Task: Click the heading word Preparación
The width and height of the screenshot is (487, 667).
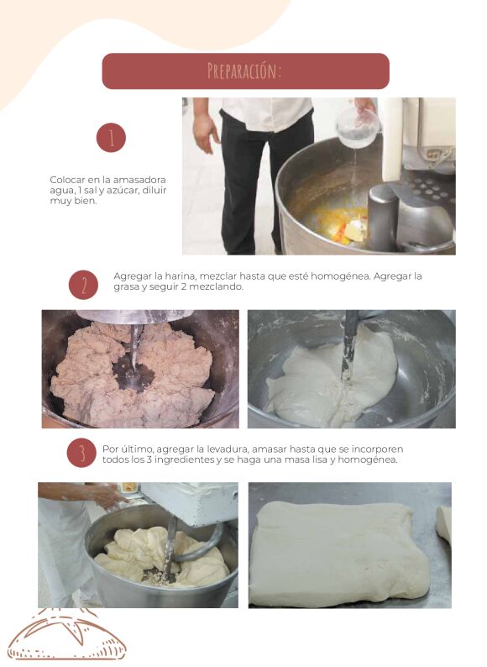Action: point(244,71)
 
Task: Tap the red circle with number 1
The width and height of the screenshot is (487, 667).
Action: point(111,138)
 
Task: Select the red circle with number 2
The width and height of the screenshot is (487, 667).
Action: point(83,285)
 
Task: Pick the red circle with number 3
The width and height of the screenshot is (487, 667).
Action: point(81,453)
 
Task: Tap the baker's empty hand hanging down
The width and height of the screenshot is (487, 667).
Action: point(205,133)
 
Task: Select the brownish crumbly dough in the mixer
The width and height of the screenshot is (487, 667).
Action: point(133,375)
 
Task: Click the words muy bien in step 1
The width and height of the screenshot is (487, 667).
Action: point(73,201)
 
